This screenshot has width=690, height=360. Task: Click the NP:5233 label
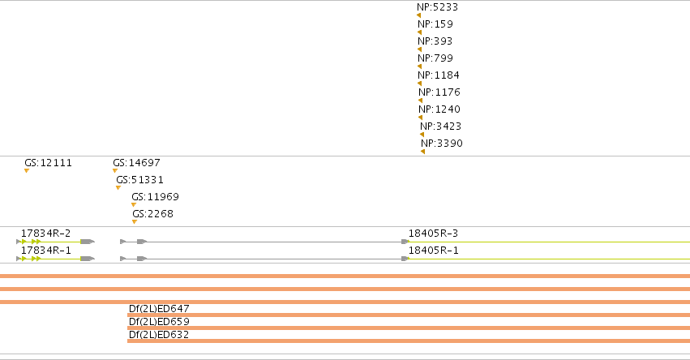437,7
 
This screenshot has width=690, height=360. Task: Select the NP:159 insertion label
435,24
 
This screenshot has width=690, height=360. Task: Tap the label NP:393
435,41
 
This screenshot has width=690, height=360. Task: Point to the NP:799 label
435,58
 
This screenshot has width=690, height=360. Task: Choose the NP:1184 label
439,75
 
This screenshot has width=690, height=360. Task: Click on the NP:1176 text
439,92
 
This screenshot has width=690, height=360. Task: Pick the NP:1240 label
439,109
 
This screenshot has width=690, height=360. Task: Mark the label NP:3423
440,126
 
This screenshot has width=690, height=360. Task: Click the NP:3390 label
441,144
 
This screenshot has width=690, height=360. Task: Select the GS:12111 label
48,163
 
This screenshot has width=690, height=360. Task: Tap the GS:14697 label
136,163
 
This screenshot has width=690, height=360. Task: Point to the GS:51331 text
139,180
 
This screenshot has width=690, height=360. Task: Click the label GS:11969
155,197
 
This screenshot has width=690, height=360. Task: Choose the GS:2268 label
152,214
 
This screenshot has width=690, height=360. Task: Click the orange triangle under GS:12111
27,171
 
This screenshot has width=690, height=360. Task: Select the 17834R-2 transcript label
45,234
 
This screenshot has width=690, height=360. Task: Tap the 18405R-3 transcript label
433,234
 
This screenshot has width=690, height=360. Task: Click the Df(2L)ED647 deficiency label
159,308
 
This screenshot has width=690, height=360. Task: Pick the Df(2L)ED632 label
159,335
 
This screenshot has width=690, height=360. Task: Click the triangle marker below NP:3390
423,152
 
